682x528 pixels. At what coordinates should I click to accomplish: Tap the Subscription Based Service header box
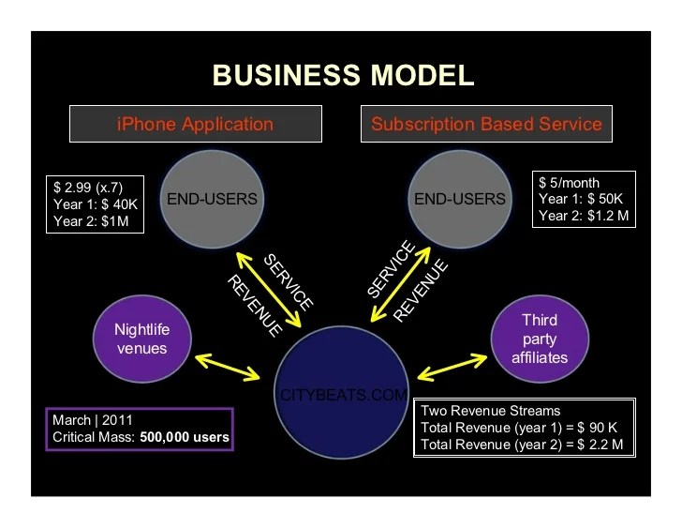tap(486, 124)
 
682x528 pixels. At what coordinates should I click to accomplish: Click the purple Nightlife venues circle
tap(140, 338)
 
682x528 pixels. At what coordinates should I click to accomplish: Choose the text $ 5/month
tap(570, 182)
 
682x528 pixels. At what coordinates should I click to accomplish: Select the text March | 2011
tap(91, 420)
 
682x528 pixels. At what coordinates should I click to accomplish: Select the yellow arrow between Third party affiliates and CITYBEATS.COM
tap(452, 366)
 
